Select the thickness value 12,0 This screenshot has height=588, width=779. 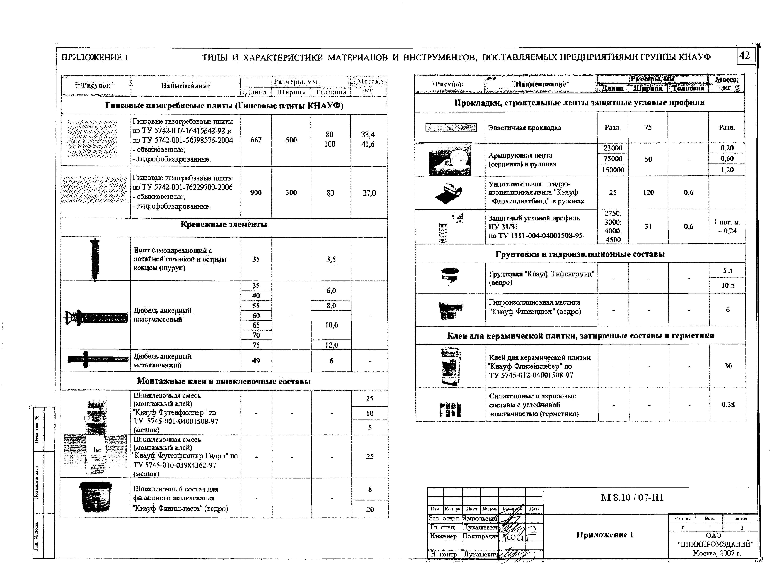(331, 345)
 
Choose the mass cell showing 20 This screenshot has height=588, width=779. (370, 509)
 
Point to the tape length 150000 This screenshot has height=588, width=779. (613, 170)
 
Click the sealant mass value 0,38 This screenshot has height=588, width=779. (728, 404)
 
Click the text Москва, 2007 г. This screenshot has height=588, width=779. (717, 553)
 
